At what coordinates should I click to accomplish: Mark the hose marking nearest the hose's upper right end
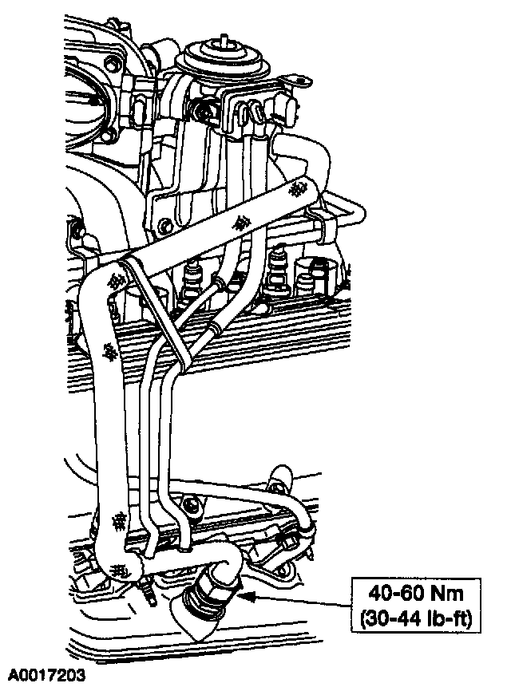point(299,191)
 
